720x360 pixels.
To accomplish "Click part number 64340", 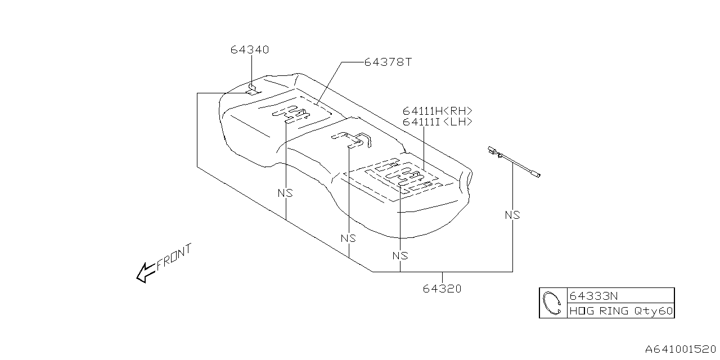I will pos(249,49).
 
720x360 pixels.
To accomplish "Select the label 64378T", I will pos(388,62).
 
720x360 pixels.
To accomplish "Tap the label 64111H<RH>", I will pos(437,111).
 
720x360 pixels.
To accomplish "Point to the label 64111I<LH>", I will pos(437,121).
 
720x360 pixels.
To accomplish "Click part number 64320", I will pos(442,289).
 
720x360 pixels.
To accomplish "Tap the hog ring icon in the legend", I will pos(552,303).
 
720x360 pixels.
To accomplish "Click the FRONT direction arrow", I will pos(145,272).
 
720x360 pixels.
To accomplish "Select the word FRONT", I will pos(174,257).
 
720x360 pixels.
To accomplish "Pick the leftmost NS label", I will pos(285,193).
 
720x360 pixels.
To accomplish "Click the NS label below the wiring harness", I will pos(512,215).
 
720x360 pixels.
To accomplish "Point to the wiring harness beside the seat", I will pos(514,162).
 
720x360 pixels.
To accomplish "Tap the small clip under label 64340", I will pos(253,89).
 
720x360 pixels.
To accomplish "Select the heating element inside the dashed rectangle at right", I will pos(403,175).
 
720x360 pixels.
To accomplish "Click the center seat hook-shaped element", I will pos(351,138).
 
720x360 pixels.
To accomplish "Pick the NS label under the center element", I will pos(348,238).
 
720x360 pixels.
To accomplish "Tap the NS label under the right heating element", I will pos(399,255).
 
